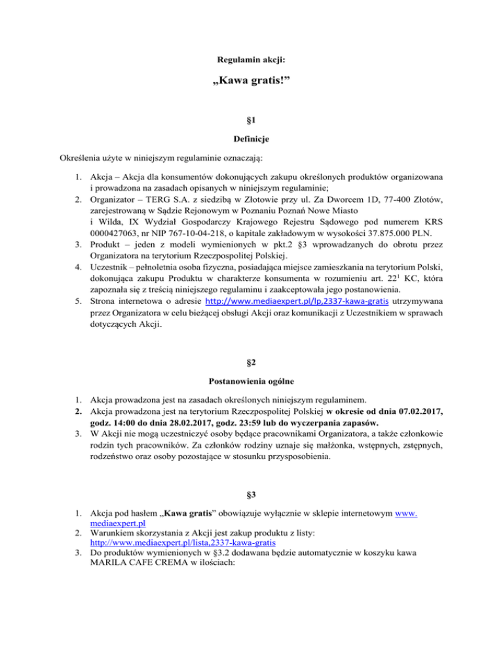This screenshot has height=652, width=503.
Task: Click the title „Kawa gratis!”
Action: (x=251, y=86)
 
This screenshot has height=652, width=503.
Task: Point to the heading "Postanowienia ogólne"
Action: (x=251, y=380)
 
